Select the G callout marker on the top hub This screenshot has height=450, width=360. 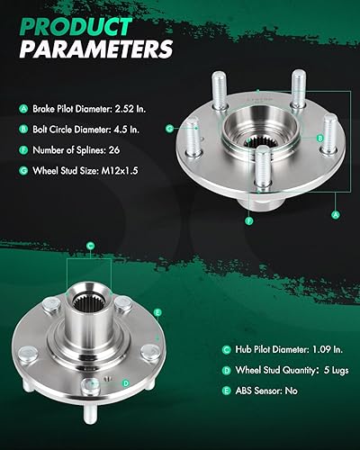(x=169, y=129)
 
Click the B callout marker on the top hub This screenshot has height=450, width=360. (x=319, y=136)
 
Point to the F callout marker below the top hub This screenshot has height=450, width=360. (x=249, y=219)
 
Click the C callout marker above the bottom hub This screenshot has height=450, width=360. (x=90, y=245)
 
